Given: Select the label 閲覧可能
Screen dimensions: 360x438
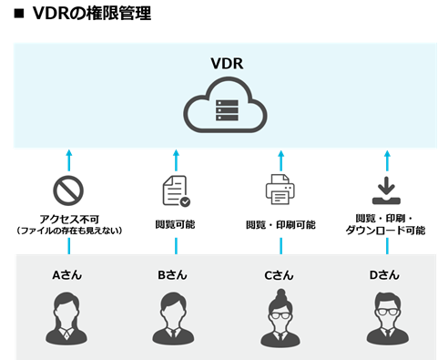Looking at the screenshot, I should click(x=174, y=224).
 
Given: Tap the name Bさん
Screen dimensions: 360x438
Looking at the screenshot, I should click(x=174, y=273).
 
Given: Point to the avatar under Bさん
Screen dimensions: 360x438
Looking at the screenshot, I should click(x=174, y=316).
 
